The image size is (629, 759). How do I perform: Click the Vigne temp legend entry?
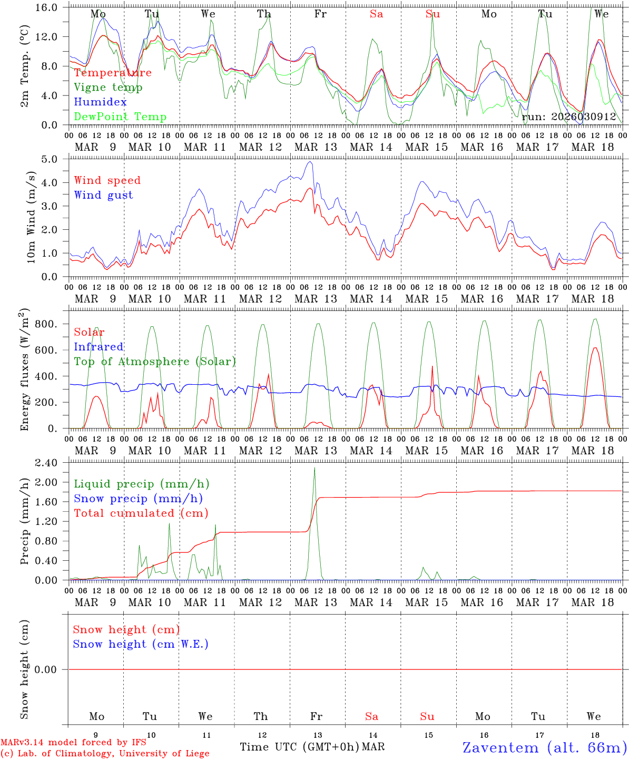point(108,87)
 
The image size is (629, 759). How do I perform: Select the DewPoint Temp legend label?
point(120,117)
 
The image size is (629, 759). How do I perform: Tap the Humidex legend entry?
point(101,102)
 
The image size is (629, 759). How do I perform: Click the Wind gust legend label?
point(103,195)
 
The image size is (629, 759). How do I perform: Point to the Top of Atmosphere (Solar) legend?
point(155,362)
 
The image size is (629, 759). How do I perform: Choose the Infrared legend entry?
point(99,347)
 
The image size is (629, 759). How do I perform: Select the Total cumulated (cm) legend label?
point(141,513)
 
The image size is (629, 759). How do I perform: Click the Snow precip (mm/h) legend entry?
point(138,499)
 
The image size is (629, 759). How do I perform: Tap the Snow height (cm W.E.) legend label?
point(141,644)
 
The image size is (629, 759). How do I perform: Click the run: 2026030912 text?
point(569,117)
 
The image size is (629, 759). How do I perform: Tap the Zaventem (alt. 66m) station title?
point(545,747)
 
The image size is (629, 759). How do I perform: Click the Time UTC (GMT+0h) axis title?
point(300,747)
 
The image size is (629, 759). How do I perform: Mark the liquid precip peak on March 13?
point(314,468)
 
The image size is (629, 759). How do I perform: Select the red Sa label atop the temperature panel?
point(376,14)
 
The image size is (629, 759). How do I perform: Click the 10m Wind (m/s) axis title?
point(31,217)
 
